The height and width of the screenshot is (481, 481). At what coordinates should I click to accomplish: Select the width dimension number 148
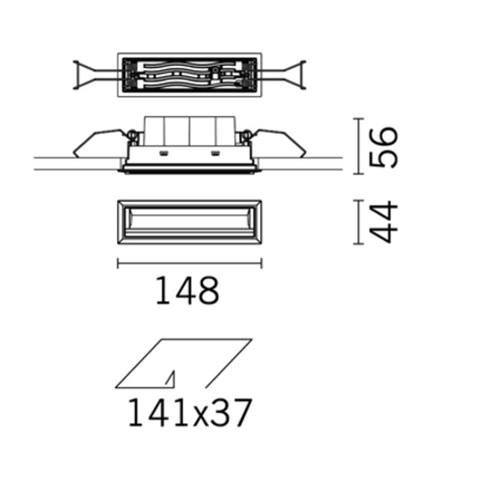188,290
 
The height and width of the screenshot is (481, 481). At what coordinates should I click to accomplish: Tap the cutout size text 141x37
188,414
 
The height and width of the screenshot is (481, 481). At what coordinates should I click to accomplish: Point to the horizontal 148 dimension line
189,262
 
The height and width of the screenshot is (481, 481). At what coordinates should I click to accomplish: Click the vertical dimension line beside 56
359,147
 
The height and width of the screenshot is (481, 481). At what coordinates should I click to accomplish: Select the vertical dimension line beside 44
359,222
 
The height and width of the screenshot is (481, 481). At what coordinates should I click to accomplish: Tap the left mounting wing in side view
96,143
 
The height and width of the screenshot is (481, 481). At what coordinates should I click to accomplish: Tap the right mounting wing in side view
280,143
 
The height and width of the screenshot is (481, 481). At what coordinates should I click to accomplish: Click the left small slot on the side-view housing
162,153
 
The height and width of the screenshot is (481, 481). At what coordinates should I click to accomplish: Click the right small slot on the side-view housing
215,153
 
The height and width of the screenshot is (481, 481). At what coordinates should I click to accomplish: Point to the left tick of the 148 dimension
117,262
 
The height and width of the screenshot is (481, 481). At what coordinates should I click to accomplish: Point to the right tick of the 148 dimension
262,262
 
